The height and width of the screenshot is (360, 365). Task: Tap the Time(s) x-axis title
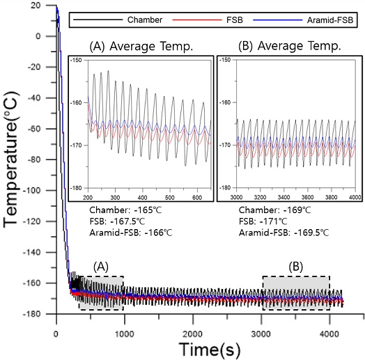[x=210, y=350]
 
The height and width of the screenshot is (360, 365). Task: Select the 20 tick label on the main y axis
[x=36, y=6]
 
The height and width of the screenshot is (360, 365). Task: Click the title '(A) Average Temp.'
[x=141, y=46]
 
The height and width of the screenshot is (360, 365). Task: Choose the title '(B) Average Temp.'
[x=290, y=46]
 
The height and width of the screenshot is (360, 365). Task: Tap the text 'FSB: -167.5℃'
[x=117, y=221]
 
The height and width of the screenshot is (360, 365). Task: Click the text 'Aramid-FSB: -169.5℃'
[x=284, y=233]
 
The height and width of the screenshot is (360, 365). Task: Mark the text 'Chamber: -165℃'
[x=125, y=210]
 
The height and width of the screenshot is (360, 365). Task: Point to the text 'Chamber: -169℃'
[x=274, y=210]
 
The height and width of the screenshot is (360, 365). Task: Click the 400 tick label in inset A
[x=142, y=198]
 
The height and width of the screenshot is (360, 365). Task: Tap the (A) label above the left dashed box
[x=101, y=267]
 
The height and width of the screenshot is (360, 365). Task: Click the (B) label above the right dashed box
[x=295, y=267]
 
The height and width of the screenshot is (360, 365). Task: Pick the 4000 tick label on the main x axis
[x=329, y=334]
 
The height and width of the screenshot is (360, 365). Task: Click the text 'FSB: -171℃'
[x=263, y=221]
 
